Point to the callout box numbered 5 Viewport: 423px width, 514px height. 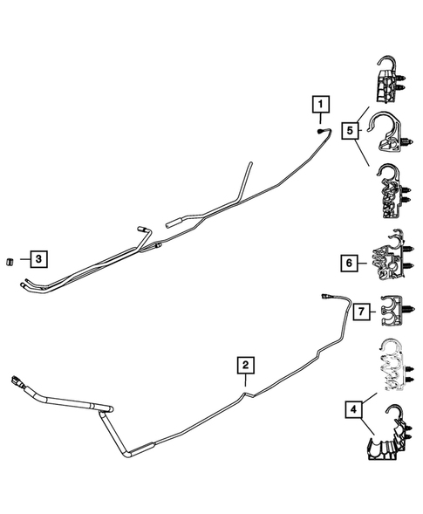(x=349, y=132)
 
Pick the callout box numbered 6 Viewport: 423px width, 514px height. (x=349, y=263)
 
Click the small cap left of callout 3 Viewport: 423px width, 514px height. (x=8, y=259)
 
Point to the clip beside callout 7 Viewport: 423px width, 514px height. (x=395, y=311)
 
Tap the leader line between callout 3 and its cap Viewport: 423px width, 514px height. (x=20, y=259)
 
